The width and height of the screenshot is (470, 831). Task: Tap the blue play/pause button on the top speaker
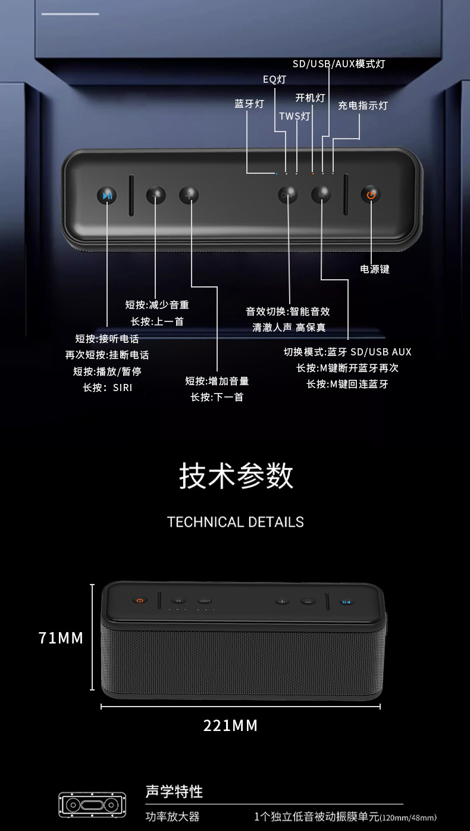tap(107, 195)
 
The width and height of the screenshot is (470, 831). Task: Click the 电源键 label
tap(375, 269)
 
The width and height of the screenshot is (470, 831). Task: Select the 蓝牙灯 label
tap(249, 104)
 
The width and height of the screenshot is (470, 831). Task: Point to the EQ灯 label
tap(275, 79)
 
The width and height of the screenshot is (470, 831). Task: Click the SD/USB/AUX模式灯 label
tap(339, 64)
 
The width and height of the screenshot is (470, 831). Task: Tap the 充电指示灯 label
tap(363, 105)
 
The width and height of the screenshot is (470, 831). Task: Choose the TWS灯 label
tap(294, 116)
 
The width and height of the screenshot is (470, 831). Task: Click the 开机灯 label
tap(310, 98)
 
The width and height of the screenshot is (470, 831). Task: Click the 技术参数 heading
tap(236, 476)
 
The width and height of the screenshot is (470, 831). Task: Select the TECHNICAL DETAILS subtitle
tap(236, 522)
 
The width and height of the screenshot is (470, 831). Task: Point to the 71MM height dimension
tap(61, 638)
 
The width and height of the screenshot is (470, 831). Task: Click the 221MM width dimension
tap(231, 726)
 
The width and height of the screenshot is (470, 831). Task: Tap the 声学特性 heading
tap(174, 791)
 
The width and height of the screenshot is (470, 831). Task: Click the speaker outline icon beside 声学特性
tap(92, 805)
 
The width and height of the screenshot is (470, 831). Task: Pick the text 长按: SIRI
tap(108, 388)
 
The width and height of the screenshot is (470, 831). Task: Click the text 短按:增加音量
tap(217, 381)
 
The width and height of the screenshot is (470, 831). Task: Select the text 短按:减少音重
tap(157, 305)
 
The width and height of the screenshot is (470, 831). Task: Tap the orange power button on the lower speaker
tap(139, 601)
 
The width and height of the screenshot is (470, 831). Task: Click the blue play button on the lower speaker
tap(346, 602)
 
